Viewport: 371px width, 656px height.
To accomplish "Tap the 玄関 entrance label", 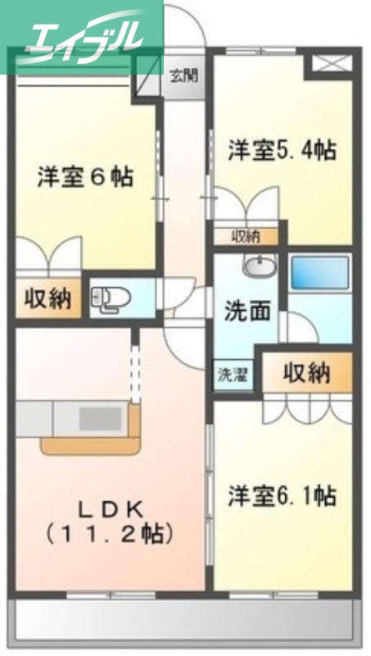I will click(x=183, y=78).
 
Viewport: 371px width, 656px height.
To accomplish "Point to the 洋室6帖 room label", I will click(x=85, y=176).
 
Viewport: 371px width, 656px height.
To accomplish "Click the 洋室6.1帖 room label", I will click(x=281, y=496).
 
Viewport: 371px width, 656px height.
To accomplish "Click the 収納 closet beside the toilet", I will click(x=47, y=298).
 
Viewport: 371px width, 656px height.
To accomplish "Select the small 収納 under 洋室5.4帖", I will click(x=245, y=237).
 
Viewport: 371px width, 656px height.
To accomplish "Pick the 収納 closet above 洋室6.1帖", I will click(x=306, y=373).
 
